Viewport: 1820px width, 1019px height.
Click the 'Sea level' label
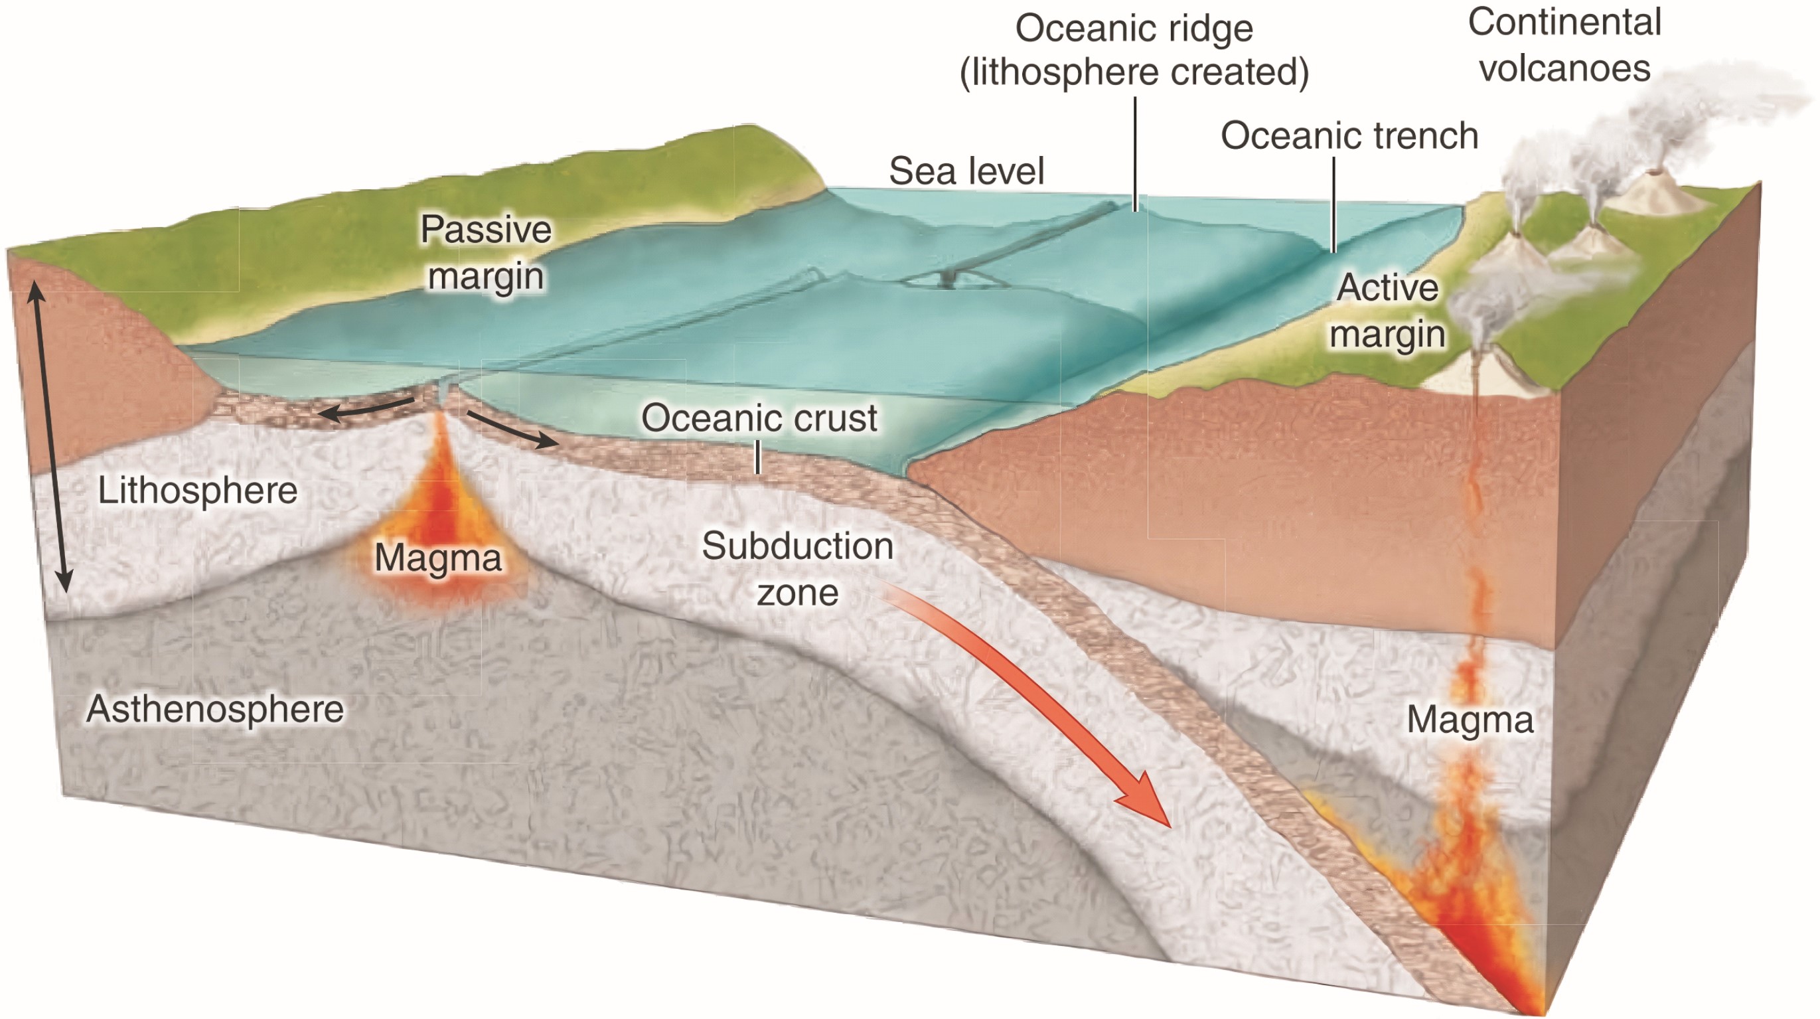[x=966, y=171]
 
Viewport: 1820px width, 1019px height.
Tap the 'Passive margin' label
[x=486, y=252]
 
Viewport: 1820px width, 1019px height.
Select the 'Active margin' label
[x=1387, y=310]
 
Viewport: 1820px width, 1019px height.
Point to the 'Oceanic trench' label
[x=1349, y=135]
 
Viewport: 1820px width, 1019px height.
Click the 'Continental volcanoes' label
[x=1564, y=45]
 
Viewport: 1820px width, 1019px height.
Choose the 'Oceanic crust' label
[x=759, y=418]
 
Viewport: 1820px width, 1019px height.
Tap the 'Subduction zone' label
[x=798, y=569]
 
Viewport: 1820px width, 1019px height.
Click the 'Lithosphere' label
[x=198, y=491]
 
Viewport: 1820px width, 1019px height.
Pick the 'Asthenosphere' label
[x=215, y=709]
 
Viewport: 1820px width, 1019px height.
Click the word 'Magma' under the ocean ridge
[x=438, y=558]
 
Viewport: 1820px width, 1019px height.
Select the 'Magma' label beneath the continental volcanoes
[x=1470, y=720]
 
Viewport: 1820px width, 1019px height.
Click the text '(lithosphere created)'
[x=1134, y=72]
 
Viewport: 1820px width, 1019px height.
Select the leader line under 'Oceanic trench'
[x=1334, y=205]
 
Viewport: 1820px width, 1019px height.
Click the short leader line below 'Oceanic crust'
[x=757, y=457]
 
